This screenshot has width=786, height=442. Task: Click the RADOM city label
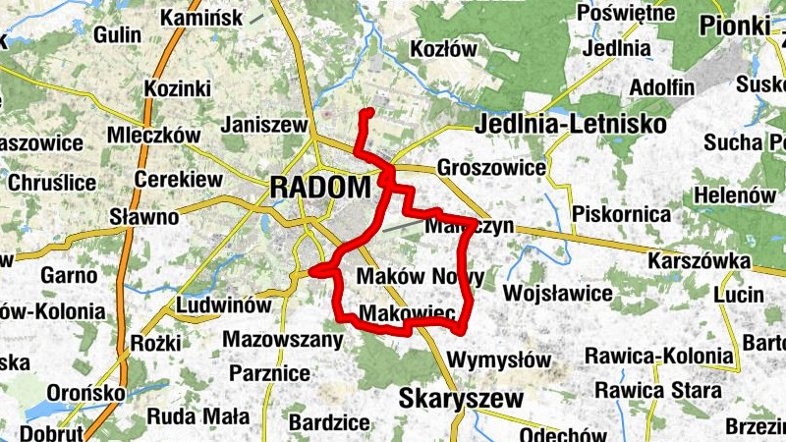point(320,186)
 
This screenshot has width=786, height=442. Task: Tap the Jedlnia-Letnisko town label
point(570,125)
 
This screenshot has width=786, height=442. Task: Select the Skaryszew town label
point(461,398)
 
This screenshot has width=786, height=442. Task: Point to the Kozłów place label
point(443,48)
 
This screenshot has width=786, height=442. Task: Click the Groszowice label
point(491,167)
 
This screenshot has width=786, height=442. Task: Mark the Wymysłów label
point(499,359)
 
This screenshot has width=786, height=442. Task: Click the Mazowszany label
point(283,340)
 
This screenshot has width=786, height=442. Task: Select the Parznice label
point(269,373)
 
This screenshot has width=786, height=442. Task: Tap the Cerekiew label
point(178,180)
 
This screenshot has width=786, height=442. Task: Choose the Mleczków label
point(154,135)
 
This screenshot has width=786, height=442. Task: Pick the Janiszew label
point(265,125)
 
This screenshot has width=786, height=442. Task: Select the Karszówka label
point(701,261)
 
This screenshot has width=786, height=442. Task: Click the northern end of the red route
point(365,113)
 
